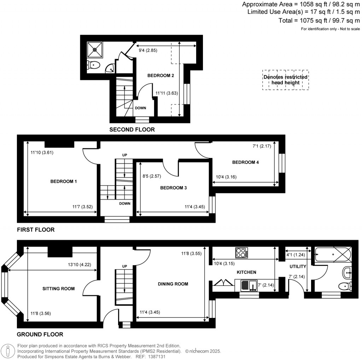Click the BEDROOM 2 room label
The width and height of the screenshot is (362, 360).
(161, 75)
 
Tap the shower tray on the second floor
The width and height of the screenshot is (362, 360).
(95, 50)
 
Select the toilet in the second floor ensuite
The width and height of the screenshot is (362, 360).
(94, 65)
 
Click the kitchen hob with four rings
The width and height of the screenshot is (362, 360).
(241, 253)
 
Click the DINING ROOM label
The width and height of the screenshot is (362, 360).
(173, 284)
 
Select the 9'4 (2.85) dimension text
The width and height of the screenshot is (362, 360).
(147, 51)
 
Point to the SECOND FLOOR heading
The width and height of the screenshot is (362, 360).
(132, 130)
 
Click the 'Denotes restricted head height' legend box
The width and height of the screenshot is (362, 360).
(285, 80)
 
